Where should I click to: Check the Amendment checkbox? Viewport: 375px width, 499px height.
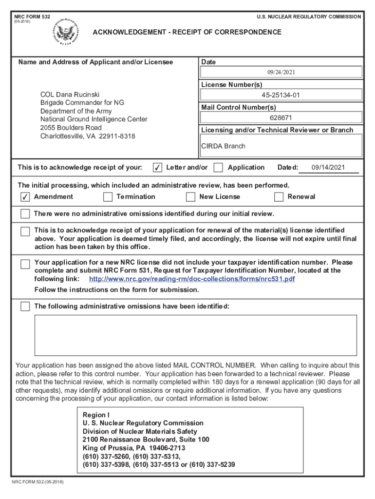point(25,197)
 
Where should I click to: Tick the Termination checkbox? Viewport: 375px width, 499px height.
point(108,197)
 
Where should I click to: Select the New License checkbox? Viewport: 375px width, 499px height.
point(190,197)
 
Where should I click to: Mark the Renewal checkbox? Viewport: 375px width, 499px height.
point(279,197)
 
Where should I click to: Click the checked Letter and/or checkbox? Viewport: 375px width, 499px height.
point(157,168)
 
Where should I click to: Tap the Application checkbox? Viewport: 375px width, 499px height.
point(219,168)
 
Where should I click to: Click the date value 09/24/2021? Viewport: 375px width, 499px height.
point(281,73)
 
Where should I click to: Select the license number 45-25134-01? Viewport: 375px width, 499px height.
point(281,95)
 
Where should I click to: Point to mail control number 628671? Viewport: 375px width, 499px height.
point(281,117)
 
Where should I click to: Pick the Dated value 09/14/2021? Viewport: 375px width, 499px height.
point(328,168)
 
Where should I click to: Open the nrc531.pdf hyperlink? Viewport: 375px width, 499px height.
point(192,279)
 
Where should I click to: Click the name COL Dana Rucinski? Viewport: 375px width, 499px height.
point(70,95)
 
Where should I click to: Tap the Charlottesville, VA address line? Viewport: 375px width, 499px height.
point(88,136)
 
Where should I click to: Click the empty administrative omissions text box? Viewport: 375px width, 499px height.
point(195,335)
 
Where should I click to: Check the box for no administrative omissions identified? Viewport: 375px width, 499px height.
point(25,214)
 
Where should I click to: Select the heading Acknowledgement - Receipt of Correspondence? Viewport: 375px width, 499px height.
point(187,32)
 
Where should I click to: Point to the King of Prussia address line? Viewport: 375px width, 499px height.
point(134,448)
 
